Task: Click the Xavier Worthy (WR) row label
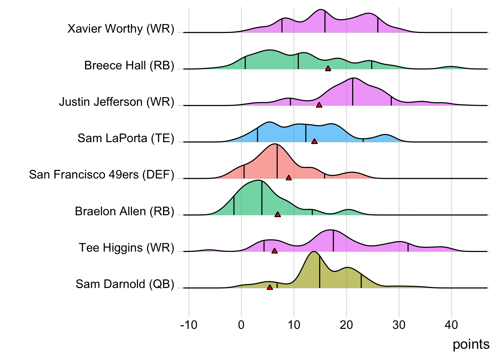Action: coord(121,29)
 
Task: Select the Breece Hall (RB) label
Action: coord(129,66)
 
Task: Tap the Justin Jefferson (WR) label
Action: coord(116,102)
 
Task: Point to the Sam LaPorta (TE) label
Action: coord(126,138)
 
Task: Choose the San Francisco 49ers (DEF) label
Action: coord(102,175)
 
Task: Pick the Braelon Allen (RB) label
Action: coord(124,211)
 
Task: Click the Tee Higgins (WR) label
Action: coord(126,248)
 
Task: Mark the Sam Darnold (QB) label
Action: coord(125,284)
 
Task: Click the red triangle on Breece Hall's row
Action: coord(328,69)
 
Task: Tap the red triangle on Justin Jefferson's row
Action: coord(319,105)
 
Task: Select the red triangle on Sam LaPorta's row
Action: coord(314,141)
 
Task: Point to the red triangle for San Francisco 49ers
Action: coord(288,178)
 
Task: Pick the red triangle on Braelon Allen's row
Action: coord(277,214)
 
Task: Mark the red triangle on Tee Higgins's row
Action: coord(274,251)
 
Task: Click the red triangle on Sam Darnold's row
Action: coord(270,287)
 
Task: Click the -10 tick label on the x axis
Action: coord(189,325)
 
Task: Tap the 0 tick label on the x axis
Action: coord(241,325)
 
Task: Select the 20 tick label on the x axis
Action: coord(346,325)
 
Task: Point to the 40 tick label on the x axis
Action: coord(451,325)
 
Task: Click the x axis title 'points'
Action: coord(471,344)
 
